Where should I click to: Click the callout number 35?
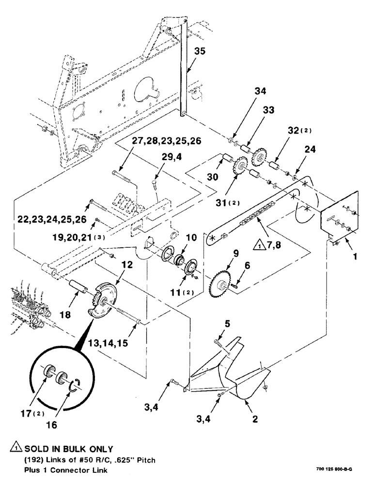pos(201,51)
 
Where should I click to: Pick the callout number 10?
pos(191,238)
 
